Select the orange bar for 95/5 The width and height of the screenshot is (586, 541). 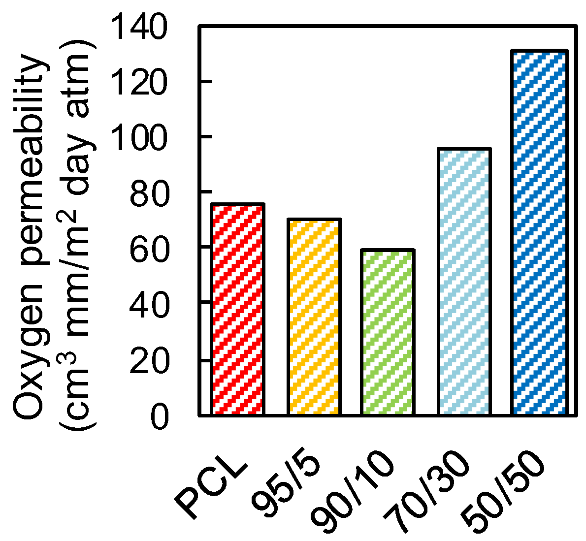coord(314,317)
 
